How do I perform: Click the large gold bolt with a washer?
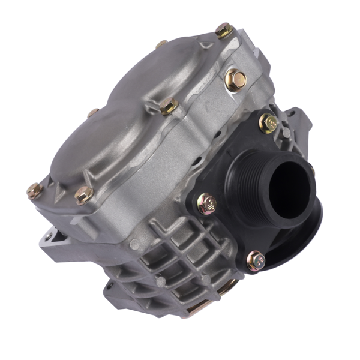coord(236,79)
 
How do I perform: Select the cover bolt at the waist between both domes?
coord(169,106)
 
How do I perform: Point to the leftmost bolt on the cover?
coord(35,191)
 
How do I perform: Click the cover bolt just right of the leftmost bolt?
coord(84,194)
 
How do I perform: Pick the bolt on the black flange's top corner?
coord(268,123)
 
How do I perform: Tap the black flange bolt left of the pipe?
coord(207,204)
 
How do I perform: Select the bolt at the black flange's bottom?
coord(254,260)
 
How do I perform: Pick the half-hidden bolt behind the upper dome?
coord(161,44)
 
